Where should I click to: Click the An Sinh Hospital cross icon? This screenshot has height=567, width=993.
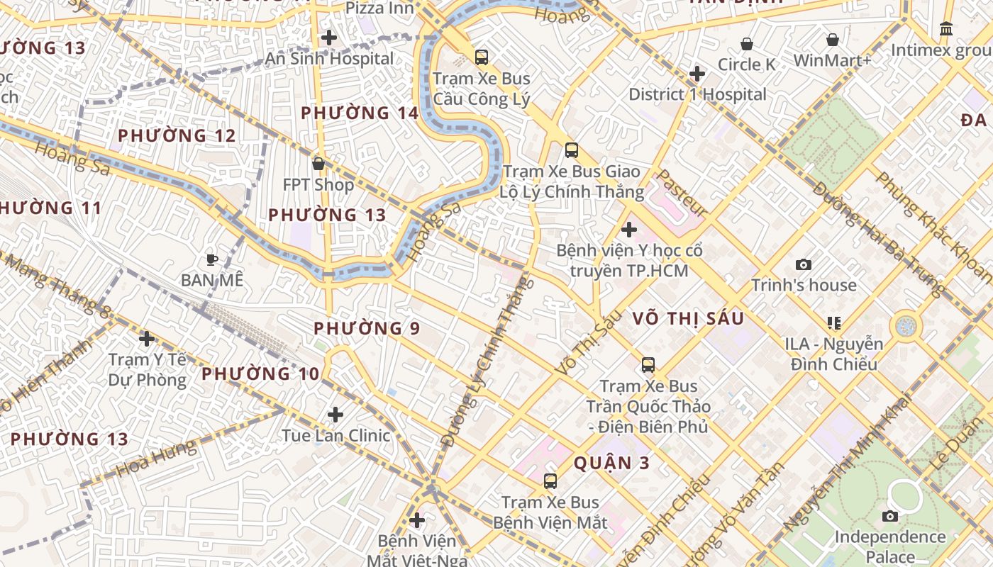(328, 38)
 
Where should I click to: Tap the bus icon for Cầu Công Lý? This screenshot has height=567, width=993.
(482, 57)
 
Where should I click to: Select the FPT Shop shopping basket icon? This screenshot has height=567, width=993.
(318, 164)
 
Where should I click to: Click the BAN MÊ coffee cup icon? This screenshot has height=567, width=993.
(211, 259)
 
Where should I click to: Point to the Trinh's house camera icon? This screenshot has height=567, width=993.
(803, 264)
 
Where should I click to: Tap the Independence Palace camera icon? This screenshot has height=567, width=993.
(889, 516)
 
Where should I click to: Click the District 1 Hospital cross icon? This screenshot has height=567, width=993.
(697, 74)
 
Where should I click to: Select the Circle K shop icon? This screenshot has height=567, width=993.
(746, 44)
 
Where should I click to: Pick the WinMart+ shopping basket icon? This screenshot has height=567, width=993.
(832, 40)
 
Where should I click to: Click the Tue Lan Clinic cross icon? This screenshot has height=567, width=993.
(335, 414)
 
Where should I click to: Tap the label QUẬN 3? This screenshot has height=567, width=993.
(611, 463)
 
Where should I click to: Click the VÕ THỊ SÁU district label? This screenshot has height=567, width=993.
(688, 319)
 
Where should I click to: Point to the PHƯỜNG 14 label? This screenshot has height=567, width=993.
(360, 113)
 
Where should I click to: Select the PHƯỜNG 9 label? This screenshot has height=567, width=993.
(367, 328)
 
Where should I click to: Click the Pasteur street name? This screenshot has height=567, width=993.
(682, 193)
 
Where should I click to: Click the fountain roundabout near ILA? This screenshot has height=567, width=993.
(906, 326)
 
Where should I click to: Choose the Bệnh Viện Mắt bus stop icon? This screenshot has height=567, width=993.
(550, 481)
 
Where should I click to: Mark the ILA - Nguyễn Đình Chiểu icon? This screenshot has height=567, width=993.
(833, 323)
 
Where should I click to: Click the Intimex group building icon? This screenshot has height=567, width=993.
(945, 29)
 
